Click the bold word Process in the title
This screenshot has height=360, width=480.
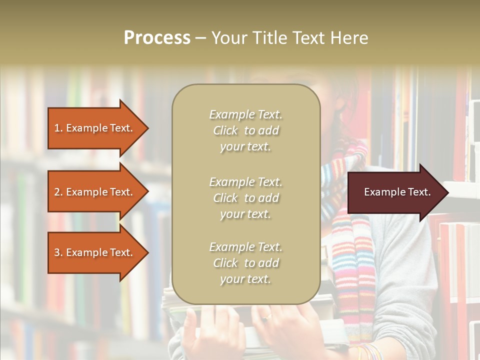coord(157,38)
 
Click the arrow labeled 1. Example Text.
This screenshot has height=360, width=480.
coord(95,128)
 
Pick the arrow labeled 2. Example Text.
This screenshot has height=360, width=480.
coord(95,192)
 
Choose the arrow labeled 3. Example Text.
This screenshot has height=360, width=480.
coord(95,252)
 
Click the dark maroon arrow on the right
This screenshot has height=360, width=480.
coord(395,192)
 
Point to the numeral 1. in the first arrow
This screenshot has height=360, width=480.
coord(58,128)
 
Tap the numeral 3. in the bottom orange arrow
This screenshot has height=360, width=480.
coord(58,252)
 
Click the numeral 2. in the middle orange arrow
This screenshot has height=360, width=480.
coord(58,192)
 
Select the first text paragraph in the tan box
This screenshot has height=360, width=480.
coord(245,130)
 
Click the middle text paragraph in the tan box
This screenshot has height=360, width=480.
coord(245,198)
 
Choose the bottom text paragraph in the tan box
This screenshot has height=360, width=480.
coord(245,263)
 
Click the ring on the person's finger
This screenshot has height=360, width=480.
coord(268,316)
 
